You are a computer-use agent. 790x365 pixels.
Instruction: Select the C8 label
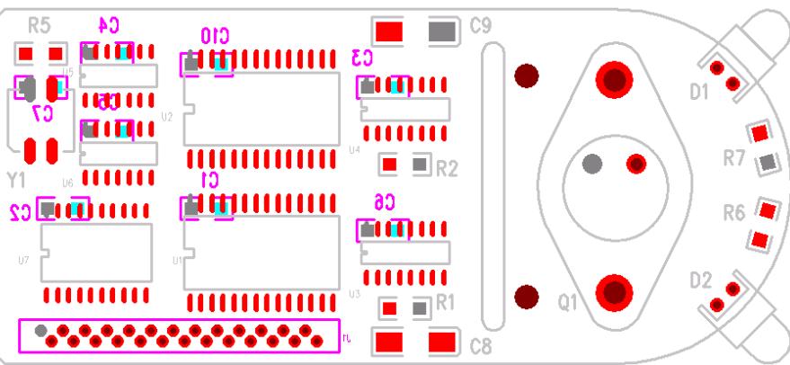pos(482,344)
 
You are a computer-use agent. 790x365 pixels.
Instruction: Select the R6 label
pos(734,214)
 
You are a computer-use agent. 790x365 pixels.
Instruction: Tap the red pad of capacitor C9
pos(389,31)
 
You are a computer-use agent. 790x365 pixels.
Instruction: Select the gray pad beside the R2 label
pos(419,165)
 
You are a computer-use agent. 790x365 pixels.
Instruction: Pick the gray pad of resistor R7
pos(767,163)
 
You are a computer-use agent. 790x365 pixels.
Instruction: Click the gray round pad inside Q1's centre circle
pos(591,164)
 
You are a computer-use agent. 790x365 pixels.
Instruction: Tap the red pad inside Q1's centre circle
pos(636,164)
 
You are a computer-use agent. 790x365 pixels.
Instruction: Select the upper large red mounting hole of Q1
pos(615,79)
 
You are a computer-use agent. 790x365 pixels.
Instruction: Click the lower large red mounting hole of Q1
pos(615,292)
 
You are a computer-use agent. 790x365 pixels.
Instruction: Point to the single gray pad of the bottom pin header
pos(40,331)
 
